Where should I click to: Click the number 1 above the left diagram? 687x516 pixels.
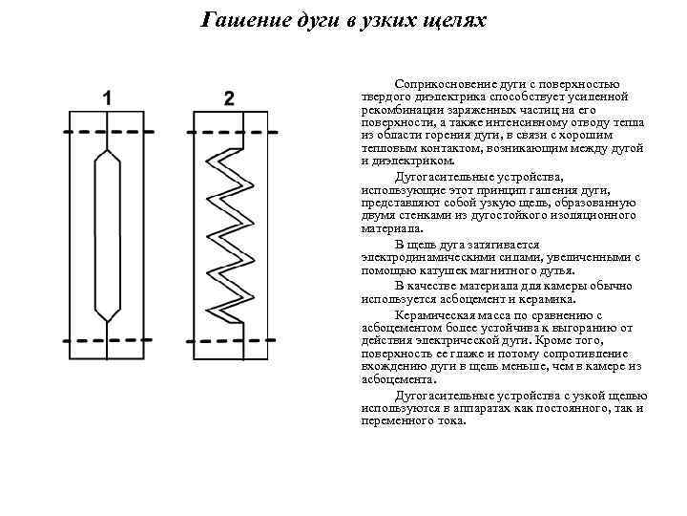point(108,98)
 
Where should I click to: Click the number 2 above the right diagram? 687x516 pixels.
point(229,98)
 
